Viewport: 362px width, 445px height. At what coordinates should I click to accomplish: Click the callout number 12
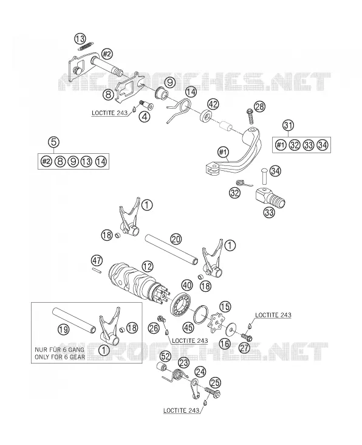(148, 266)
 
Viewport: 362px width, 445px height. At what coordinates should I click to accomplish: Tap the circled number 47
(97, 261)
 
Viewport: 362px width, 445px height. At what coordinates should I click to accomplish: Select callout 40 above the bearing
(187, 285)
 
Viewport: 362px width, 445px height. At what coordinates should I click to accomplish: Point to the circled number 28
(259, 107)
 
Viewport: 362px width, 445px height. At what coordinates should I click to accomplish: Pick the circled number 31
(288, 125)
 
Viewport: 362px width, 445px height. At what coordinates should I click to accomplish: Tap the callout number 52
(166, 356)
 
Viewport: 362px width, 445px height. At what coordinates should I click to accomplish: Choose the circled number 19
(63, 329)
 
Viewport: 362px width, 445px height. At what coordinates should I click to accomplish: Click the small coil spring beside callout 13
(86, 46)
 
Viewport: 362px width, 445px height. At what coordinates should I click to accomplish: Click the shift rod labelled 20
(171, 248)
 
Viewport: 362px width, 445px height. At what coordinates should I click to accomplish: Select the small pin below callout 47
(97, 271)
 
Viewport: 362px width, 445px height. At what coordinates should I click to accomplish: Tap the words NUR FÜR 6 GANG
(60, 350)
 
